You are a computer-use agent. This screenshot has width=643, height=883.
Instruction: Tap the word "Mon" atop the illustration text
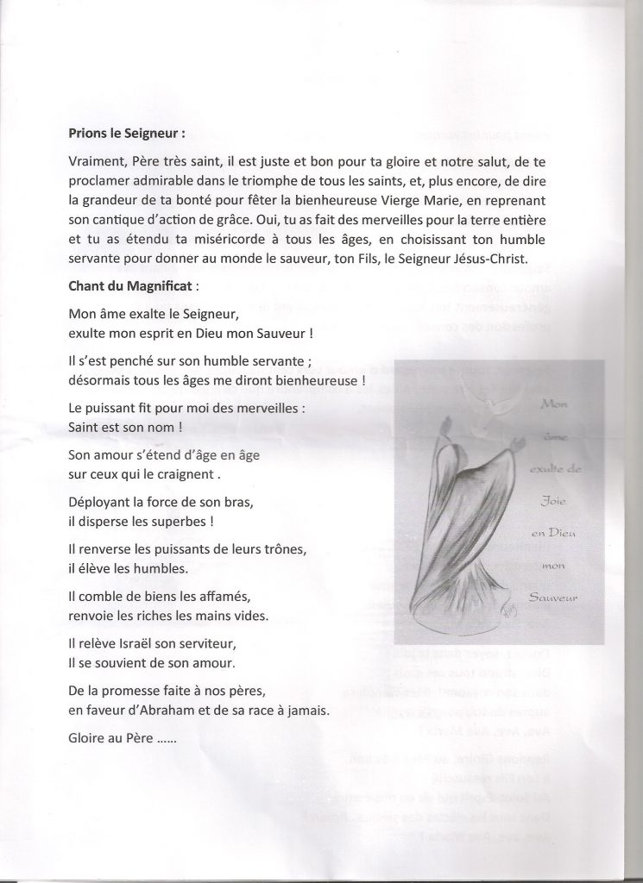pyautogui.click(x=551, y=404)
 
